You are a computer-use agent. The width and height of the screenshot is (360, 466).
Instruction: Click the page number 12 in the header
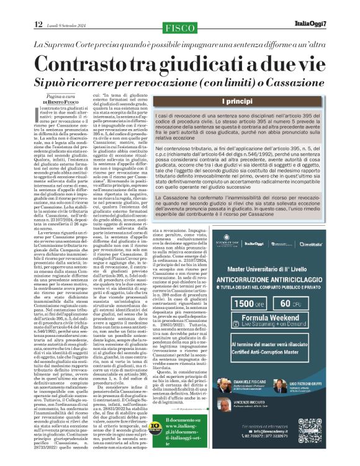[x=38, y=24]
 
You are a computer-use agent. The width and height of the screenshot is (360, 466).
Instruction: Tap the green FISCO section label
[x=179, y=29]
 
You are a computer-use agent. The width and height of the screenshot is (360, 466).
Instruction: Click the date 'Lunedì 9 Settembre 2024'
[x=70, y=25]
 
